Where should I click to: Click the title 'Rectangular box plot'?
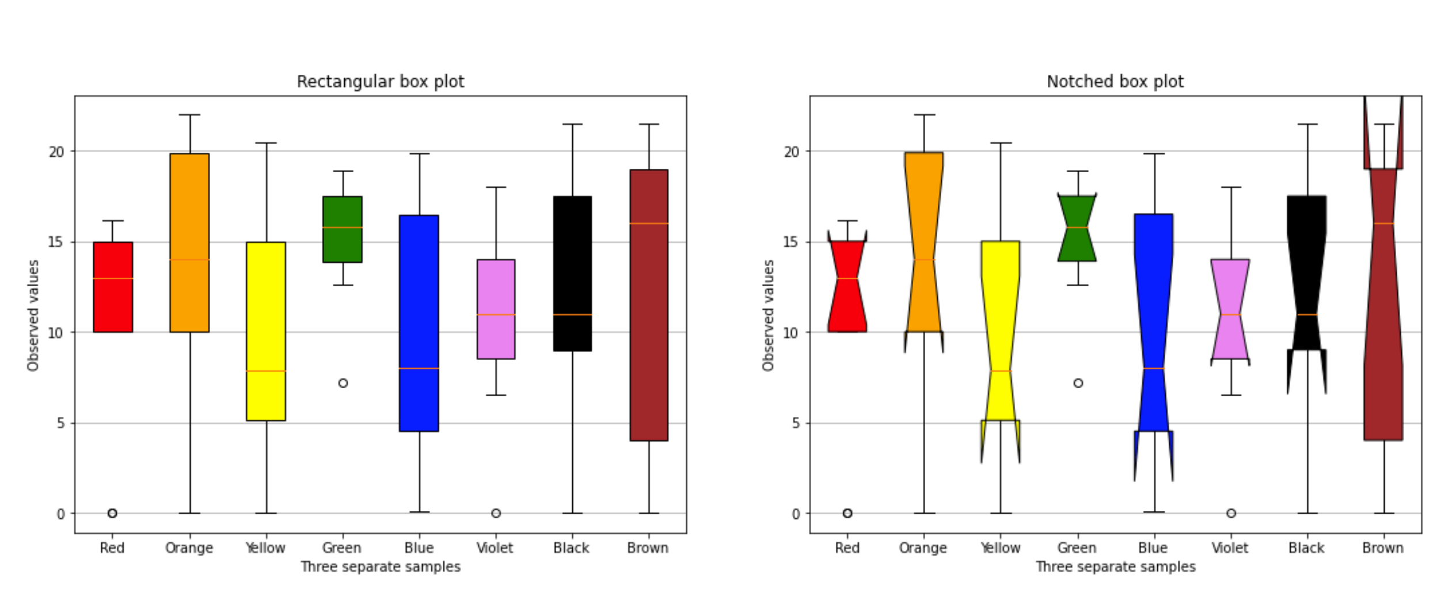pyautogui.click(x=380, y=82)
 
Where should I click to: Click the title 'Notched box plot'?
pyautogui.click(x=1115, y=82)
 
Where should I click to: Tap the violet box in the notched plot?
pyautogui.click(x=1230, y=288)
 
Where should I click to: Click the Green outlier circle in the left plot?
pyautogui.click(x=343, y=383)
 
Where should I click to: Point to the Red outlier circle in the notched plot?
pyautogui.click(x=847, y=513)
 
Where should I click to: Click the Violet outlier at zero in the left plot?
pyautogui.click(x=496, y=513)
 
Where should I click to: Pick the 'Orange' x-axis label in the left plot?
pyautogui.click(x=189, y=548)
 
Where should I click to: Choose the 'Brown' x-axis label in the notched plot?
pyautogui.click(x=1383, y=548)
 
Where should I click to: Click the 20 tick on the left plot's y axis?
pyautogui.click(x=56, y=151)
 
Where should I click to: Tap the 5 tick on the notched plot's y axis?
pyautogui.click(x=796, y=423)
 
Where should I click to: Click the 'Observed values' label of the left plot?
pyautogui.click(x=33, y=316)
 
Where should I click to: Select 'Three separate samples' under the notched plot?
pyautogui.click(x=1115, y=567)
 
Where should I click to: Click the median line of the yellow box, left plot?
pyautogui.click(x=266, y=371)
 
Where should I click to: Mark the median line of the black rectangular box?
pyautogui.click(x=572, y=314)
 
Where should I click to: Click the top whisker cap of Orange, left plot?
pyautogui.click(x=189, y=115)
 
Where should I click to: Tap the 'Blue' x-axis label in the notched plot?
pyautogui.click(x=1153, y=548)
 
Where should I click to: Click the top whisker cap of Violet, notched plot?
pyautogui.click(x=1231, y=187)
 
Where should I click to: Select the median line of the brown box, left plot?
pyautogui.click(x=649, y=223)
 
